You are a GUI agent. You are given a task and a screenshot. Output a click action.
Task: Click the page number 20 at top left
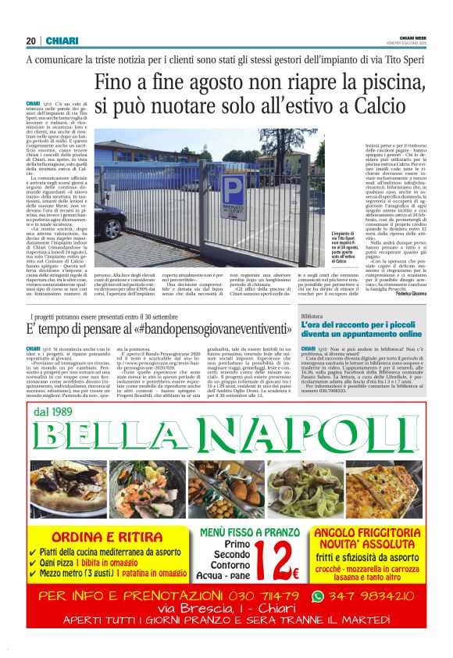31,41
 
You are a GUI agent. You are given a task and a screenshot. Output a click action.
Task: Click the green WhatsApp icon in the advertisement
316,597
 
